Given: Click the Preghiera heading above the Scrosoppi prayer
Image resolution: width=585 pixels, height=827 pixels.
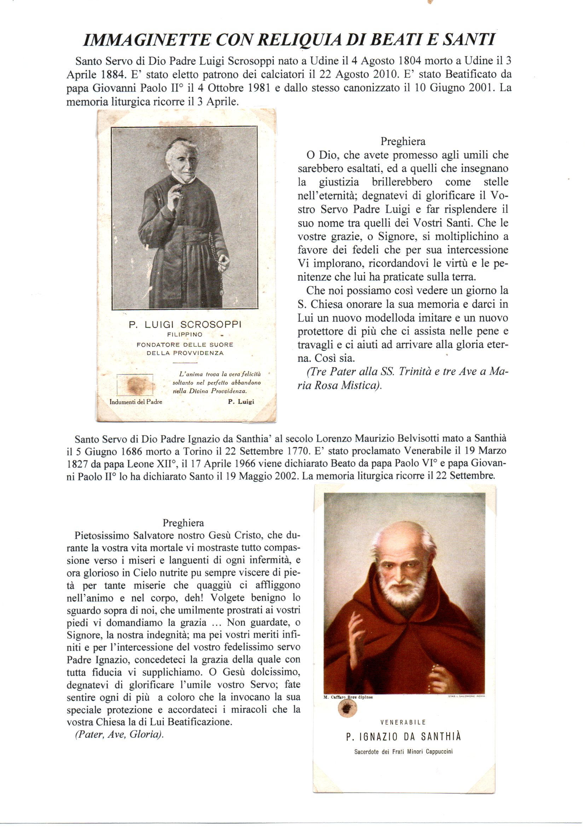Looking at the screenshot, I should coord(403,141).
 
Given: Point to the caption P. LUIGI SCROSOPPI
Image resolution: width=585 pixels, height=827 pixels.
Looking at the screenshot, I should coord(185,324).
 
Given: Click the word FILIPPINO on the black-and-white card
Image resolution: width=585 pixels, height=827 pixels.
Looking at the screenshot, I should coord(185,335).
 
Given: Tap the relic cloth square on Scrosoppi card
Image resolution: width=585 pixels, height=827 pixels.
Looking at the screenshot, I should coord(135,385).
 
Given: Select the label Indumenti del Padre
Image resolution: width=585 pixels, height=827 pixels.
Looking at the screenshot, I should coord(136,401).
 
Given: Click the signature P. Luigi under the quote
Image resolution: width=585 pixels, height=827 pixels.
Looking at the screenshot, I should coord(241,401).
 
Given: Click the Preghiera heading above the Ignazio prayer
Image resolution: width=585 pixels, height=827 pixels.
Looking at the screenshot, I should coord(183,523).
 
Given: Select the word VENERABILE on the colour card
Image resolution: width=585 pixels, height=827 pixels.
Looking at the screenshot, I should coord(403,722).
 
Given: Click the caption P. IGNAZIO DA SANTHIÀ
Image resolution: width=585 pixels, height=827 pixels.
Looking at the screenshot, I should coord(403,736).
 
